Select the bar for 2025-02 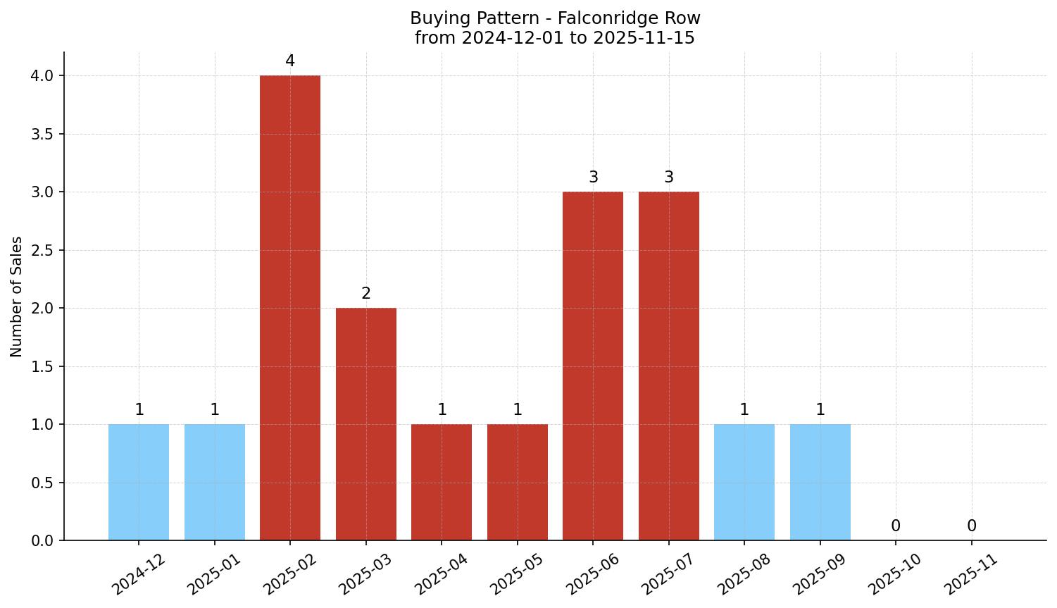coord(290,308)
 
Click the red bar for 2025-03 coord(365,424)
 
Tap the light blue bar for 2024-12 coord(139,482)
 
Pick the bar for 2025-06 coord(593,366)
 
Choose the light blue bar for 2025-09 coord(820,482)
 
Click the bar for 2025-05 coord(518,482)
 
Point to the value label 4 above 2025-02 coord(290,61)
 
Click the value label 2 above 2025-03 coord(366,294)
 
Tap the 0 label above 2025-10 coord(896,526)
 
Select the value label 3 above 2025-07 coord(669,178)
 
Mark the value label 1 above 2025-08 coord(744,410)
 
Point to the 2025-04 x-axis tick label coord(442,573)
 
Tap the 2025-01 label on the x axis coord(214,573)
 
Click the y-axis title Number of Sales coord(17,297)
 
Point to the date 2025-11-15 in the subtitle coord(644,38)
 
